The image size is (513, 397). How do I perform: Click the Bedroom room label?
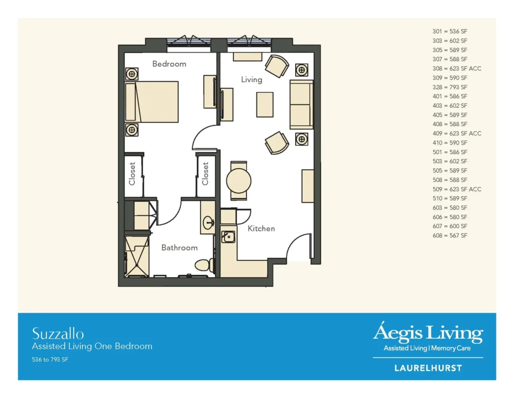pos(169,64)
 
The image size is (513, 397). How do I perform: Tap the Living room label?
pos(251,80)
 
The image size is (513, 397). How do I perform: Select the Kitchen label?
pos(261,228)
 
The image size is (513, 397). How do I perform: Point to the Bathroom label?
pos(179,247)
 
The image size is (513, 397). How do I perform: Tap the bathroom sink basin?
pos(208,223)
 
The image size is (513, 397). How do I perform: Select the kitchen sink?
pos(228,236)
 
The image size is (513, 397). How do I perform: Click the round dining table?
pos(239,181)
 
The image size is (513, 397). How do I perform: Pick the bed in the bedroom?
pos(152,101)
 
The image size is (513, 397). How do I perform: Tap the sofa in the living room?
pos(301,104)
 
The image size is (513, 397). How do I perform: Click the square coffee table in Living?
pos(265,104)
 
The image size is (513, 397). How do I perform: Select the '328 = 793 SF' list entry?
pos(450,87)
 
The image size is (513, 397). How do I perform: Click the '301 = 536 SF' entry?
pos(450,32)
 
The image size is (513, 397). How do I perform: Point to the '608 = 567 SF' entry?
pos(450,235)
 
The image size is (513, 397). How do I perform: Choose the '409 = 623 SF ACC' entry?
pos(457,134)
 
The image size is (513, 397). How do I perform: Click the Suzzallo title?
pos(58,334)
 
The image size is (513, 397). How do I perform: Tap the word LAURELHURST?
pos(428,368)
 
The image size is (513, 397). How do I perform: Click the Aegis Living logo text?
pos(428,332)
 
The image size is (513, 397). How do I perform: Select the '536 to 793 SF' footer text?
pos(50,360)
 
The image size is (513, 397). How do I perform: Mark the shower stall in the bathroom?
pos(137,256)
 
